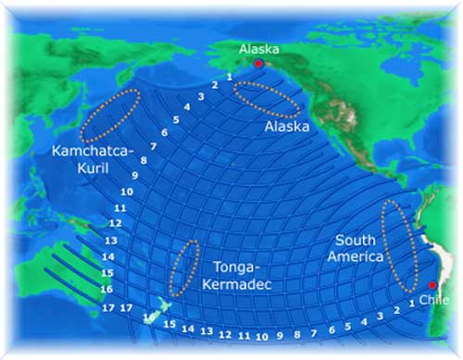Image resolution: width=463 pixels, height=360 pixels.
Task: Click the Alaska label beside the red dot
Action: pos(258,49)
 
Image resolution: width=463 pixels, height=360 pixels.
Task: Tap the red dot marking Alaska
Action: pos(258,64)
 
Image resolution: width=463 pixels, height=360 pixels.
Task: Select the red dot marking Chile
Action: pos(432,285)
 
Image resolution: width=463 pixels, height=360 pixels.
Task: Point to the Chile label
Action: pos(432,300)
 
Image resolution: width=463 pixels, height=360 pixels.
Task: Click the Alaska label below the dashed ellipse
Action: pos(286,126)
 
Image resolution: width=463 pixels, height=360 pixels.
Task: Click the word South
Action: pos(357,240)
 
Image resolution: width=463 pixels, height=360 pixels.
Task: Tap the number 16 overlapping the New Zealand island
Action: pos(149,317)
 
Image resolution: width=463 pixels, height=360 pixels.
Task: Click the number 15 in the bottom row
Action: pos(169,324)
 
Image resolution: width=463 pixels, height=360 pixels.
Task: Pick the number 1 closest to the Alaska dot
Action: pos(229,76)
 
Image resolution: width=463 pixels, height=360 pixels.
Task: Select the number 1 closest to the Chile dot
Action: pos(411,303)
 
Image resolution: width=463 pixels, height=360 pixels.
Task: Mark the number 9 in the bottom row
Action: pos(279,335)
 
